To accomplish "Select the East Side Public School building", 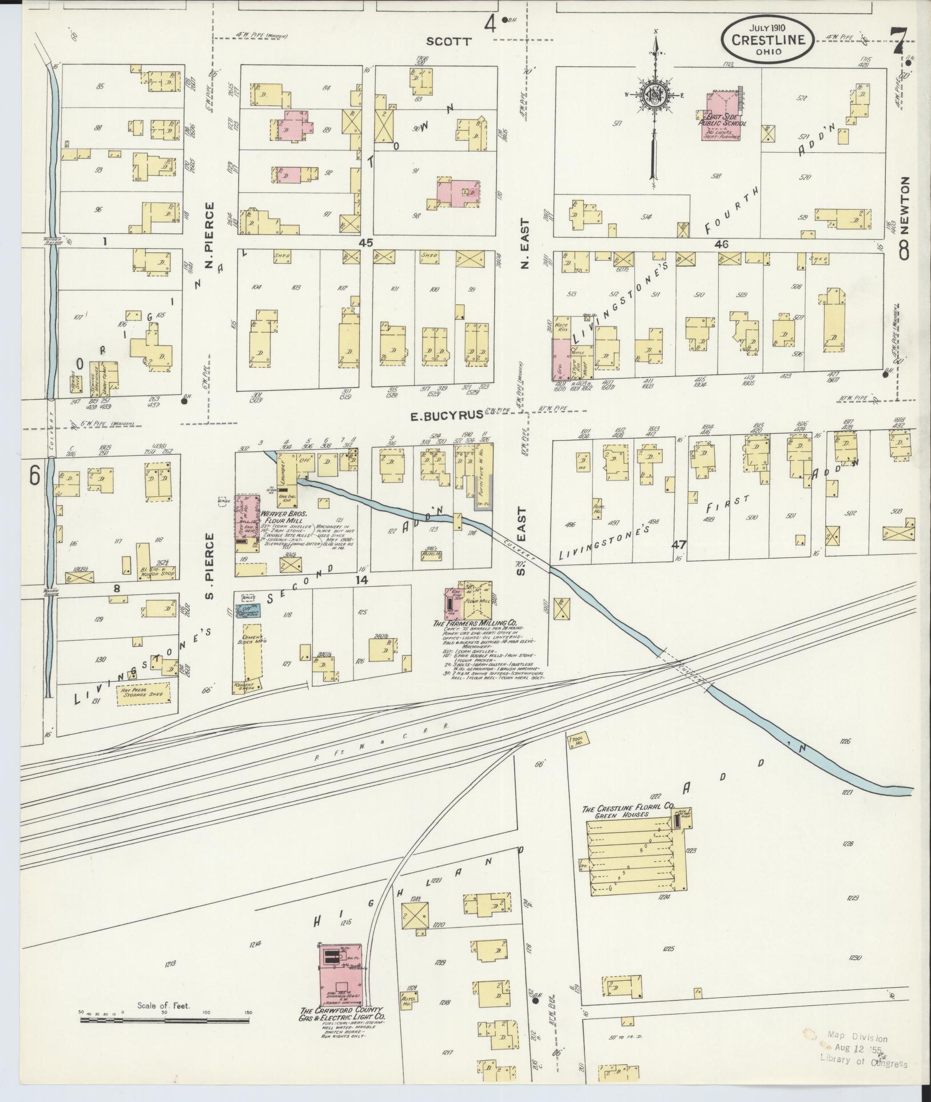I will (720, 116).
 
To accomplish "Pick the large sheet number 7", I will (899, 41).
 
